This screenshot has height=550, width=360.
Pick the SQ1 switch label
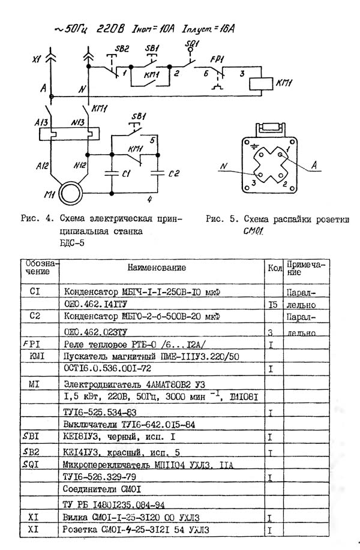(x=191, y=43)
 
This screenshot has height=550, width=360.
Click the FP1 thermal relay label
(x=218, y=59)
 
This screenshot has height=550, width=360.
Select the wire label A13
(x=43, y=122)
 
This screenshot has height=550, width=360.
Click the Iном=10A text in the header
(x=160, y=28)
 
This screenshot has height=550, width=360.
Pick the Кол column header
(x=274, y=268)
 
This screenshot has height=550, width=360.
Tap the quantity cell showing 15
(x=272, y=305)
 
